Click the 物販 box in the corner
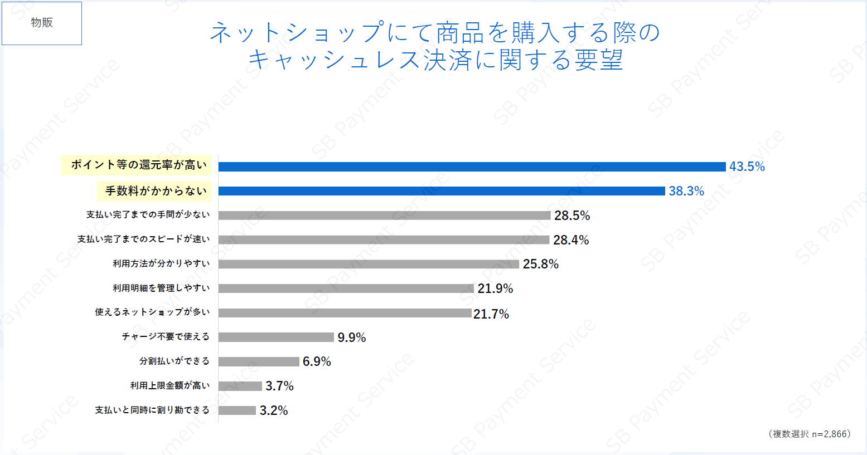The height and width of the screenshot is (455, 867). pos(42,23)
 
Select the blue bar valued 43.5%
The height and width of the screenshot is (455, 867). pos(472,167)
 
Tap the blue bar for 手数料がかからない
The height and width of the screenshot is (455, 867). pos(442,191)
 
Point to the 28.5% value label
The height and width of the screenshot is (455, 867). pos(572,216)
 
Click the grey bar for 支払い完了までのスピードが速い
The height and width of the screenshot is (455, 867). pos(384,239)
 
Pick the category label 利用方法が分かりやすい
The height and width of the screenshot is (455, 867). pos(161,263)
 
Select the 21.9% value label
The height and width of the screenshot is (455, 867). pos(495,288)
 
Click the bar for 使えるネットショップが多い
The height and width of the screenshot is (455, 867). pos(345,313)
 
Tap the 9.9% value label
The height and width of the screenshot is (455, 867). pos(352,337)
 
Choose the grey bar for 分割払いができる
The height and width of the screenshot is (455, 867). pos(259,361)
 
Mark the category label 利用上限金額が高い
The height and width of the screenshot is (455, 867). pos(170,385)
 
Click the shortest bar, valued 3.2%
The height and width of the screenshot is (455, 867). pos(237,410)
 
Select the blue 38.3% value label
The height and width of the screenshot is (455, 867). pos(686,191)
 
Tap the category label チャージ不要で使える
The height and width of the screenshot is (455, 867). pos(166,336)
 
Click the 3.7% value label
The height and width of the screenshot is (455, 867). pos(279,386)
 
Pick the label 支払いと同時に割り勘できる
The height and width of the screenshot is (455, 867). pos(152,410)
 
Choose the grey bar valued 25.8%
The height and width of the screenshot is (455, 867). pos(369,264)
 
